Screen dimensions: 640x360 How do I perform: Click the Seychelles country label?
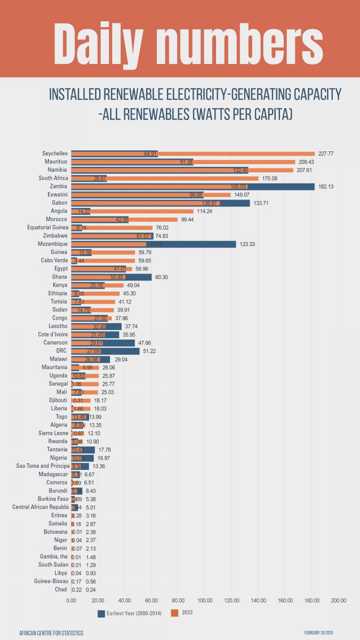click(x=55, y=154)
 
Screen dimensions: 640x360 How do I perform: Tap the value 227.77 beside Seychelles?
click(x=326, y=154)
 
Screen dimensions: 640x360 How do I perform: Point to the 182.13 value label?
click(x=326, y=187)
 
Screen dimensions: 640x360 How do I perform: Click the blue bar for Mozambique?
click(x=192, y=244)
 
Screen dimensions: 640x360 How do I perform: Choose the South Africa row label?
click(x=53, y=178)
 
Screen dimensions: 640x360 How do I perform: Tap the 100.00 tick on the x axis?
click(x=205, y=601)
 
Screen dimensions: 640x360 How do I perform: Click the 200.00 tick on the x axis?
click(x=338, y=601)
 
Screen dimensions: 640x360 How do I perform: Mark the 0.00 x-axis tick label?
click(x=71, y=601)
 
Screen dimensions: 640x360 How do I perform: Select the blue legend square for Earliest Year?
click(x=101, y=613)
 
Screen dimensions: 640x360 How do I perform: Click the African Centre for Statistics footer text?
click(x=51, y=633)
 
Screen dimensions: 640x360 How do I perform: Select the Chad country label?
click(x=61, y=590)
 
